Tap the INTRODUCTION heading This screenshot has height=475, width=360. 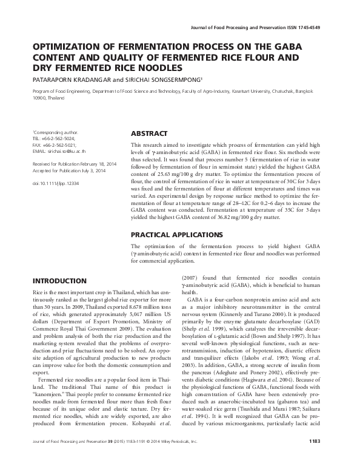coord(58,281)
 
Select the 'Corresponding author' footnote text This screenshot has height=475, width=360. coord(53,132)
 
